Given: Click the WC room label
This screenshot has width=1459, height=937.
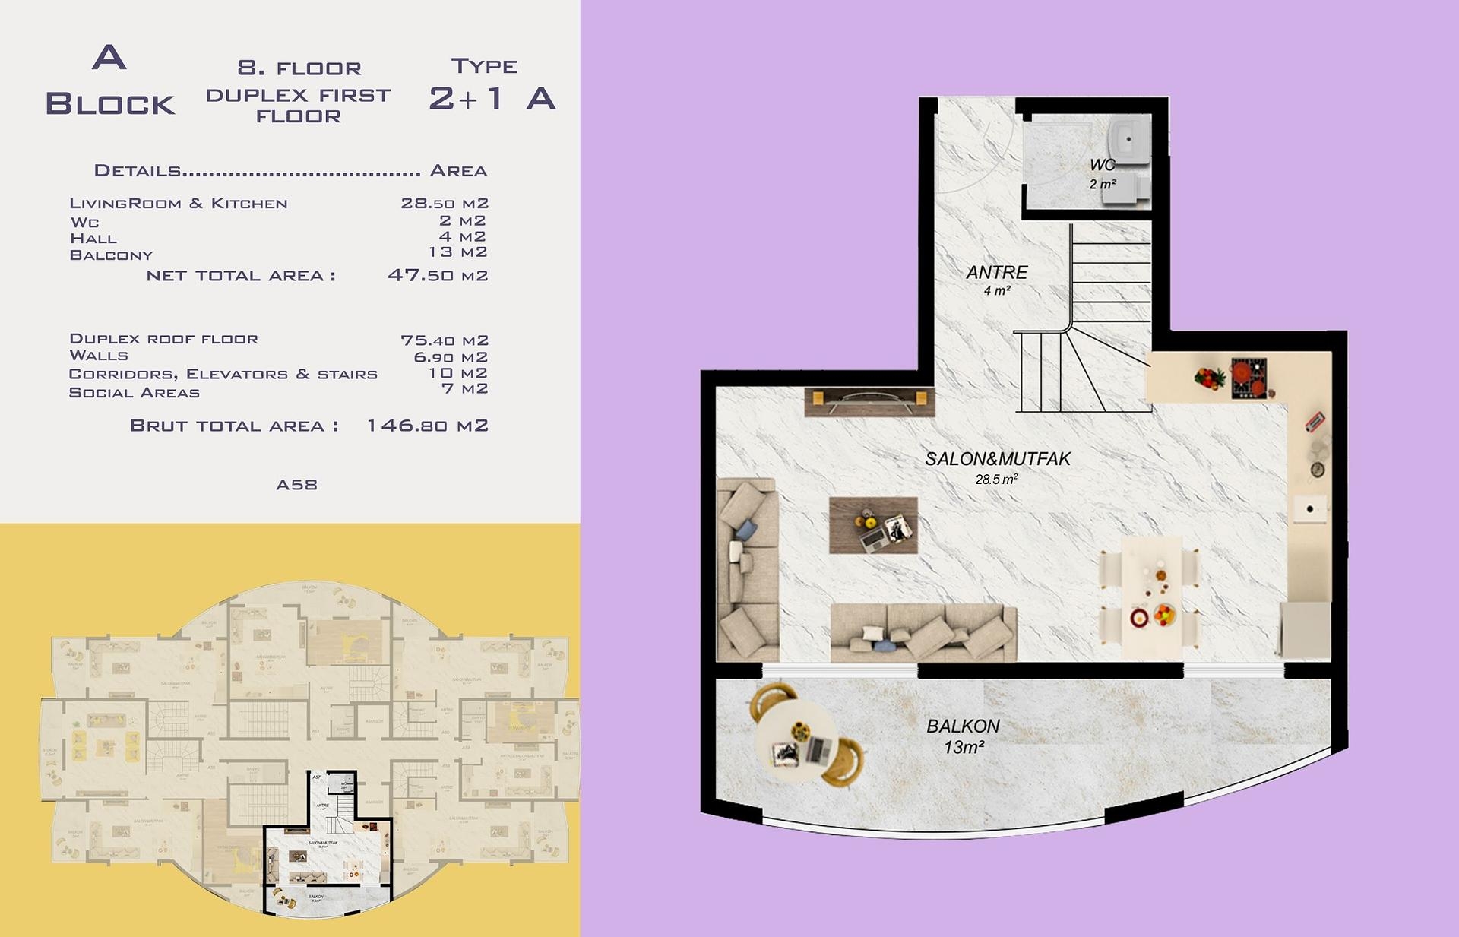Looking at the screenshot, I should tap(1102, 165).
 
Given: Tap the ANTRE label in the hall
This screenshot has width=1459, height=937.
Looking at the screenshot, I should tap(996, 272).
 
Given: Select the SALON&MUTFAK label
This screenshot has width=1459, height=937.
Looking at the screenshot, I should tap(997, 459).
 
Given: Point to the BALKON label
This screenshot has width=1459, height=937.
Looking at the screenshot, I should tap(963, 726).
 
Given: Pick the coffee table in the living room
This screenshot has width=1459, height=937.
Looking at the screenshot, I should tap(873, 525).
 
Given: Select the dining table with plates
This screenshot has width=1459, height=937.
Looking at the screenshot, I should tap(1150, 597).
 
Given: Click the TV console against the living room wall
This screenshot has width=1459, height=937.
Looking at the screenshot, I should tap(869, 402).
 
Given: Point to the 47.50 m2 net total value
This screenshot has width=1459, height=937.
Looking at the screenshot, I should tap(437, 275).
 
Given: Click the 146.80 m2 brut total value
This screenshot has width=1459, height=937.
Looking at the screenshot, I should tap(427, 426).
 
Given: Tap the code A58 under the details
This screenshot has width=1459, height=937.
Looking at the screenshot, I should tap(296, 485).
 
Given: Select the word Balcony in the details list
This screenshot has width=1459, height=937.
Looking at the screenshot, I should tap(111, 255).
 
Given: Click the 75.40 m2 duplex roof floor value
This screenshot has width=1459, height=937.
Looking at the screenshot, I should tap(444, 340).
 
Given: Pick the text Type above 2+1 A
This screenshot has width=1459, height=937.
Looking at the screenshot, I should tap(484, 67).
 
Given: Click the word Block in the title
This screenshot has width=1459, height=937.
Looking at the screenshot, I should tap(110, 104).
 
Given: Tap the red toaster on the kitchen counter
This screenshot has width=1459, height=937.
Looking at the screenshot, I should tap(1315, 422).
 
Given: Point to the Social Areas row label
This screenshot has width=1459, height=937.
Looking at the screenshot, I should tap(135, 393).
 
